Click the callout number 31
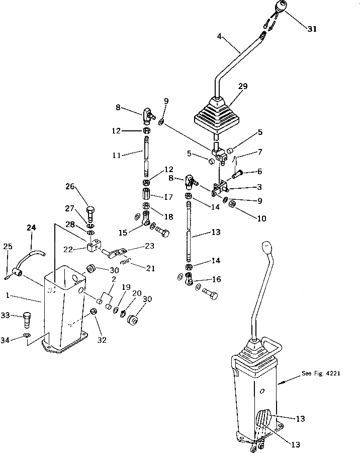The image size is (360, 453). (x=312, y=29)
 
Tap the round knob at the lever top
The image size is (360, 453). (x=281, y=8)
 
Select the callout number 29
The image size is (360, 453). (x=243, y=87)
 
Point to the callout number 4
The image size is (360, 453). (x=220, y=36)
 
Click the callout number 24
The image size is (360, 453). (x=32, y=228)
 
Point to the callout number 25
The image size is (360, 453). (x=8, y=246)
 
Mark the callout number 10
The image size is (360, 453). (x=261, y=219)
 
